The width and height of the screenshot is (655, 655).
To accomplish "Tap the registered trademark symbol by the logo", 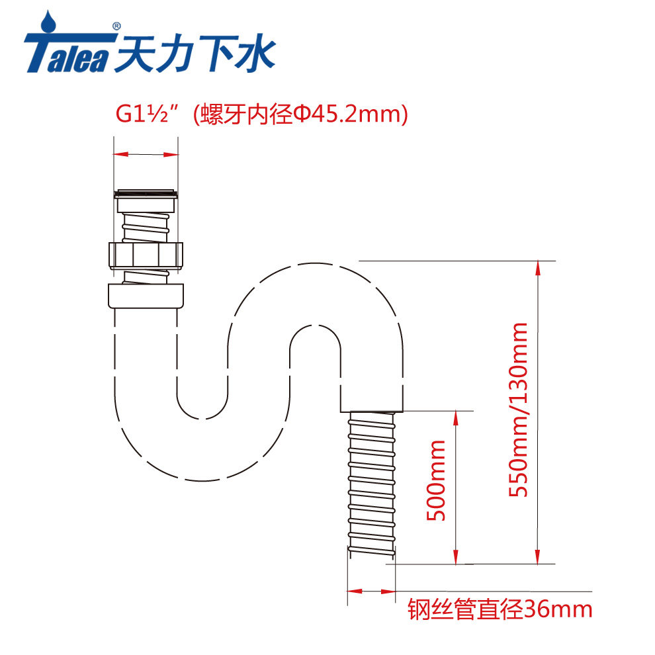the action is [116, 26].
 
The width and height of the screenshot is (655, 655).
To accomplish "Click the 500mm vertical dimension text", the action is [435, 480].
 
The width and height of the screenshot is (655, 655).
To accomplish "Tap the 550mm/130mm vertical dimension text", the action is [517, 409].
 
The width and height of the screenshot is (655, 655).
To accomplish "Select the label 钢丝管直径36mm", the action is [500, 607].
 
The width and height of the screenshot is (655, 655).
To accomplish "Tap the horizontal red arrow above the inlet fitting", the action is [146, 154].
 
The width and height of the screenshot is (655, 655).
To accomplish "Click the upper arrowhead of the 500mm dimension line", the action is [456, 417].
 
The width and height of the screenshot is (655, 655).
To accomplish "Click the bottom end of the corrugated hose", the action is [371, 559].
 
